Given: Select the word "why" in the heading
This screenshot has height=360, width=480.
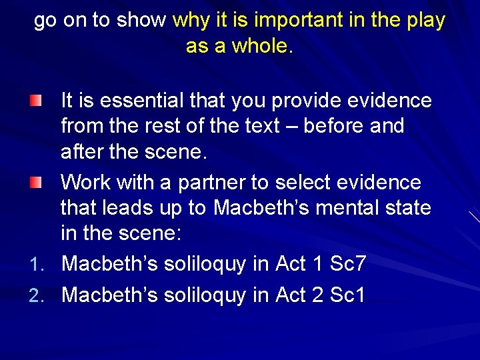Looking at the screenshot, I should click(x=191, y=21).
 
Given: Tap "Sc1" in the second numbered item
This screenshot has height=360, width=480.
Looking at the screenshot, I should click(x=348, y=295).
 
